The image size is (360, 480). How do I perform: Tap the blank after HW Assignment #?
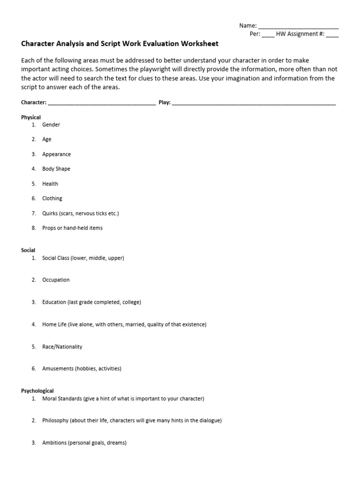[x=332, y=35]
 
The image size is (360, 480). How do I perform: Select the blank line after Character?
[x=102, y=102]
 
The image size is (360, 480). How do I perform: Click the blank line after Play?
[x=254, y=102]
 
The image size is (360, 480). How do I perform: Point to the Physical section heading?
[x=31, y=117]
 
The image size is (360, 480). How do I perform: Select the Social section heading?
[x=28, y=250]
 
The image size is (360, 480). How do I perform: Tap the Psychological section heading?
[x=37, y=390]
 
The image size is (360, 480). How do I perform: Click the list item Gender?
[x=51, y=125]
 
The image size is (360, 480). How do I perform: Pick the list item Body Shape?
[x=56, y=169]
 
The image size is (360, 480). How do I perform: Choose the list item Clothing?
[x=52, y=198]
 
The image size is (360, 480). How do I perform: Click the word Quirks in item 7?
[x=50, y=213]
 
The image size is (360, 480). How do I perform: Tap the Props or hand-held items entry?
[x=72, y=228]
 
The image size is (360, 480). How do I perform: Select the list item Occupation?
[x=56, y=280]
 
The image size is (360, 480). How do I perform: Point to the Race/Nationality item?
[x=62, y=347]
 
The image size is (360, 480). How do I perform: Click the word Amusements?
[x=57, y=369]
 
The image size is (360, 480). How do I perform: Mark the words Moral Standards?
[x=62, y=398]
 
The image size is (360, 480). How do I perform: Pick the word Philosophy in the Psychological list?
[x=55, y=420]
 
